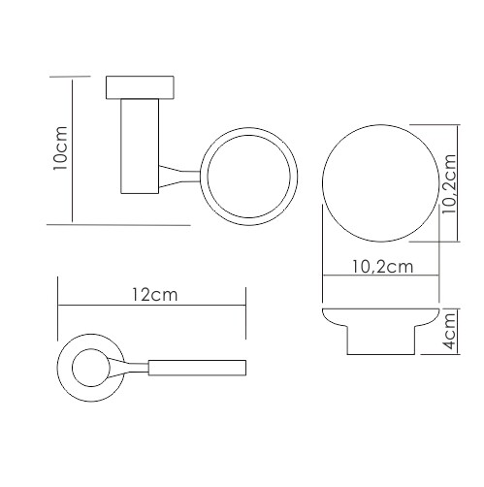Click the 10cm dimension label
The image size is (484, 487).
(x=60, y=148)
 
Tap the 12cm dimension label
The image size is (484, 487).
(x=155, y=295)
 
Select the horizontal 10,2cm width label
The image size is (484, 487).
(x=382, y=267)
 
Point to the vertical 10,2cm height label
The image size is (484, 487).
(x=449, y=183)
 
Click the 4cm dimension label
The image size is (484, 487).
(x=450, y=332)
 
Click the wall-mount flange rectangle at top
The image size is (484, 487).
(x=140, y=87)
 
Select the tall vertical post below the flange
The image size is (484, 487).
(x=140, y=146)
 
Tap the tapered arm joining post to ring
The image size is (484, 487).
(x=179, y=177)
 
